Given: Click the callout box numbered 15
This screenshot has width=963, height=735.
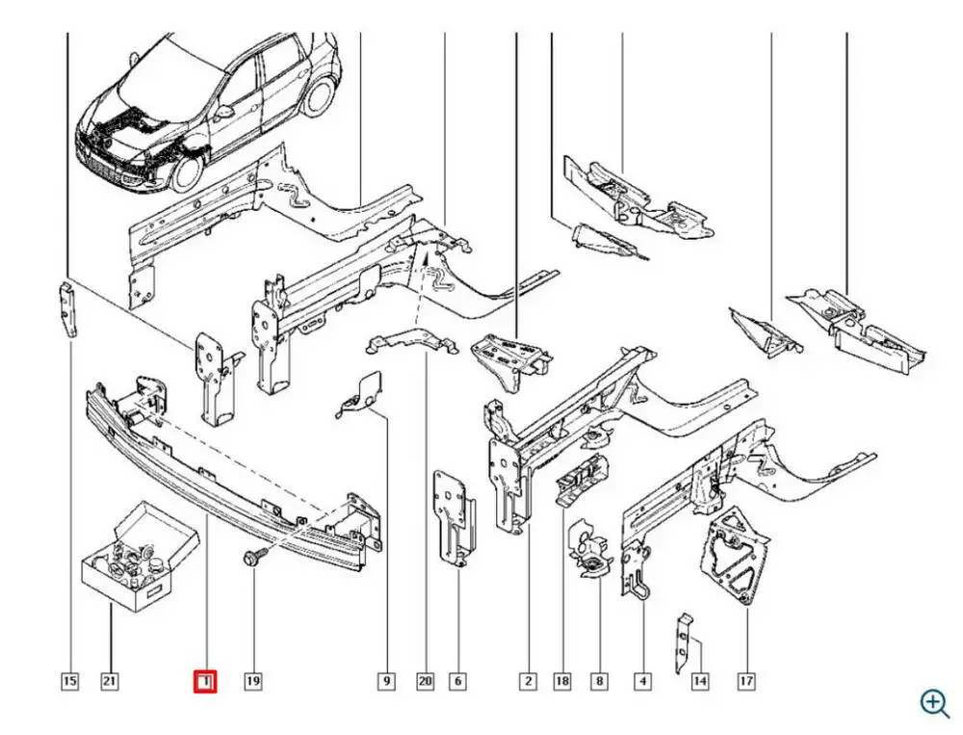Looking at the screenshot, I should tap(69, 682).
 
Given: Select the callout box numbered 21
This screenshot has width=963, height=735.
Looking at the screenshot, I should tap(110, 682).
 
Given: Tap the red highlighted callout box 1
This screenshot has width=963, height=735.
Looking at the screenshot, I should tap(206, 682).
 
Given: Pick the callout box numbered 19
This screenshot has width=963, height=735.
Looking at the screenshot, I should tap(252, 682).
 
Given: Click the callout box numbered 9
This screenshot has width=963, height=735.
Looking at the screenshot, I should tap(385, 682).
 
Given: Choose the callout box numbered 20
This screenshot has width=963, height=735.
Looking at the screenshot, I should tap(425, 682).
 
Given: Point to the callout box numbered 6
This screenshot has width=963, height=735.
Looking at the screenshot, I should tap(458, 682).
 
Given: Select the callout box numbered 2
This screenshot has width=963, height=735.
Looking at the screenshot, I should tap(528, 682).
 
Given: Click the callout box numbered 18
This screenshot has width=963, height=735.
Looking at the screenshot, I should tap(562, 682).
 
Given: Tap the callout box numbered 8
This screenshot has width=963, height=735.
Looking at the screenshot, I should tap(599, 682).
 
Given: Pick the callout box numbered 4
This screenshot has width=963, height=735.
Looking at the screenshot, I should tap(642, 682).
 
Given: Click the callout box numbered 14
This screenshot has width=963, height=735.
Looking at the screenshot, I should tap(700, 682).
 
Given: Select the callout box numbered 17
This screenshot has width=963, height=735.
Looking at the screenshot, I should tap(745, 682).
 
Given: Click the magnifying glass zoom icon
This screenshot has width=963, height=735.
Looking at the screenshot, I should tap(933, 702).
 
